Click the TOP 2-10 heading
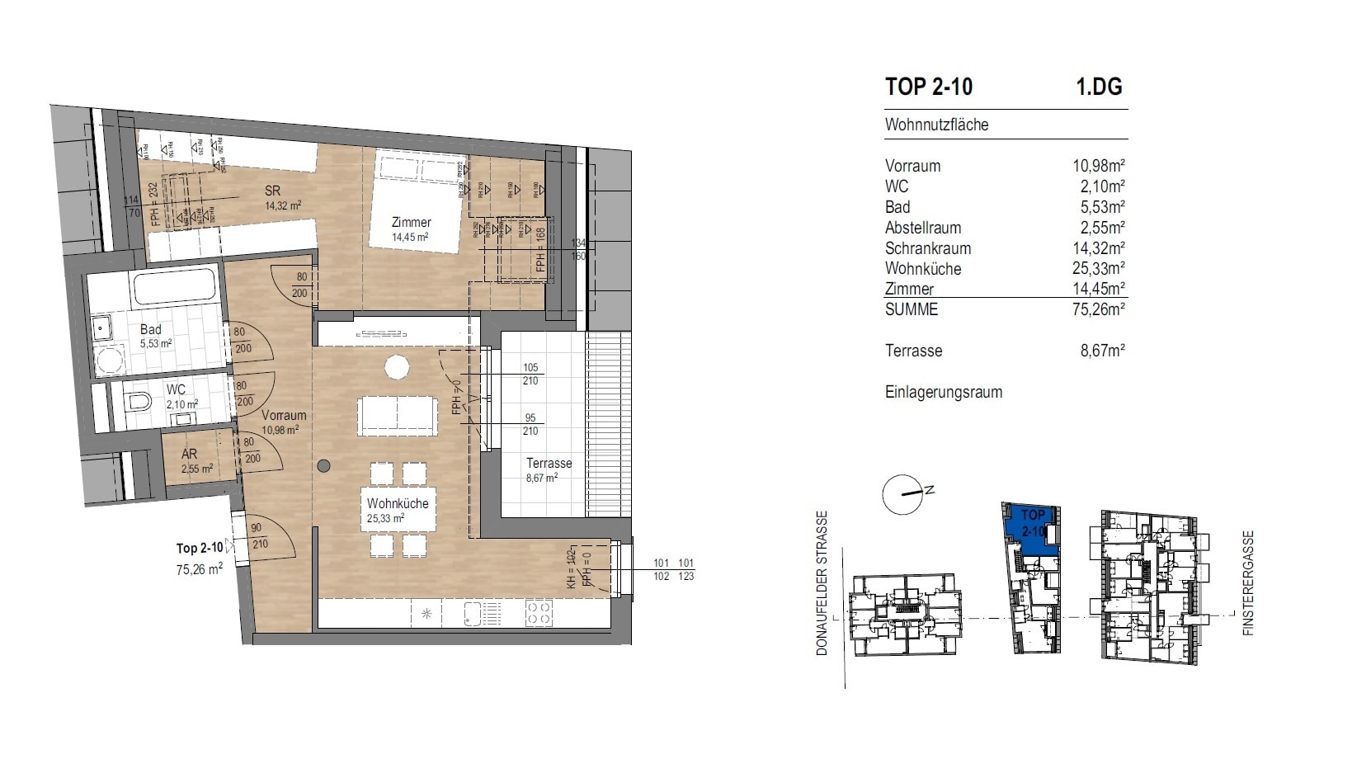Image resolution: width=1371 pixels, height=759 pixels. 928,87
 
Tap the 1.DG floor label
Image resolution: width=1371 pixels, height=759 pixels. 1099,87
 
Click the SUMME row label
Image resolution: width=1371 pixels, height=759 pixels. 911,309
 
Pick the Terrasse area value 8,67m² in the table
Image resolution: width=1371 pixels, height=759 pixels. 1103,351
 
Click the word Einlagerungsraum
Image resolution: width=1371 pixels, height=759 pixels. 943,393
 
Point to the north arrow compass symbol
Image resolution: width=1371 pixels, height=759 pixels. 902,494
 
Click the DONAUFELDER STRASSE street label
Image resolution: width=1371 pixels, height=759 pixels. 822,583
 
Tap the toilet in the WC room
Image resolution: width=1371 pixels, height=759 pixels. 138,403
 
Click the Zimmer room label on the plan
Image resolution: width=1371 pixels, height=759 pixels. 411,222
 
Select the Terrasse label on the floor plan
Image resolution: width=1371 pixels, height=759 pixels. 549,463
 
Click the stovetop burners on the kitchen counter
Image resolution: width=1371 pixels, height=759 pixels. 539,613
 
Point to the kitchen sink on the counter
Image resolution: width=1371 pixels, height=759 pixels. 473,613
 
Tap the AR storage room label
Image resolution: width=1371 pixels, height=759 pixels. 189,455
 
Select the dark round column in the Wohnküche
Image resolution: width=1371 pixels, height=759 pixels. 324,466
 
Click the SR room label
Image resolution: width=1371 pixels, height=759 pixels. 272,191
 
